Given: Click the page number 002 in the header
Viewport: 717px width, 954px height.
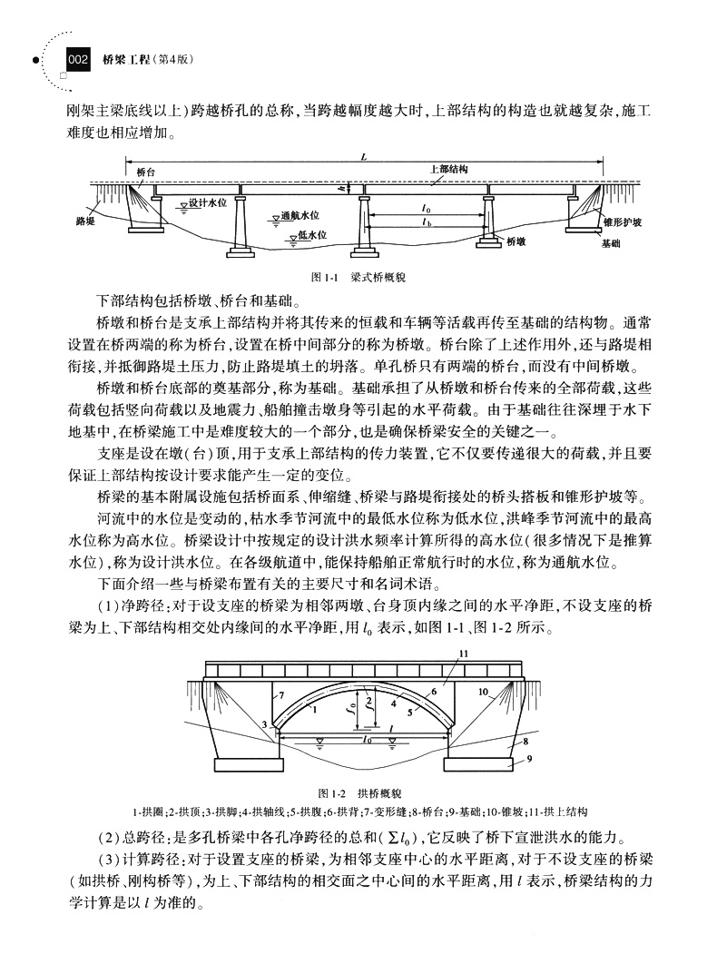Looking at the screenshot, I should click(x=77, y=61).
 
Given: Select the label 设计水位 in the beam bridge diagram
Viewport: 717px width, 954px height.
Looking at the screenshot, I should click(x=207, y=203).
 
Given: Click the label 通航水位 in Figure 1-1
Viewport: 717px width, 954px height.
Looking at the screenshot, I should click(x=297, y=217).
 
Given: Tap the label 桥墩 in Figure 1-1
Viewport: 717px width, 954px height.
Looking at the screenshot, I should click(x=516, y=241).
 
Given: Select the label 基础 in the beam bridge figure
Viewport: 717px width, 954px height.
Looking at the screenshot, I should click(x=611, y=244).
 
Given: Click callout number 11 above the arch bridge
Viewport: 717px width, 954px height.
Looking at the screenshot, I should click(x=464, y=654).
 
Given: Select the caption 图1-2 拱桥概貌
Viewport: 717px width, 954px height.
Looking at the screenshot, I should click(x=362, y=792).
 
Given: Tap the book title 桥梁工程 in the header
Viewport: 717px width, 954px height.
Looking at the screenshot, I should click(x=121, y=61).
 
